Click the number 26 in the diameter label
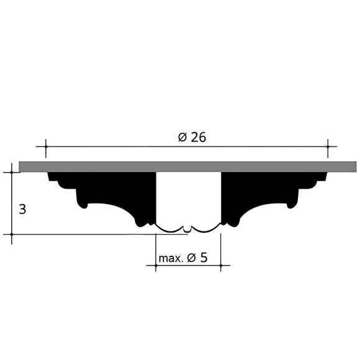(x=197, y=138)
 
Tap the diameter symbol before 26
(x=182, y=138)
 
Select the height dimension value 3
(x=22, y=209)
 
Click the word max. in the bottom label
(x=171, y=258)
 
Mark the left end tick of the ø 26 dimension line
(x=45, y=147)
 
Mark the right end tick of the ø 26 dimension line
(x=328, y=147)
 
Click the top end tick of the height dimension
(x=12, y=172)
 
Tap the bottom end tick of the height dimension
(x=12, y=235)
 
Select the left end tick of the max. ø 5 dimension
(x=155, y=266)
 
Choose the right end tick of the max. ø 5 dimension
(x=221, y=266)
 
